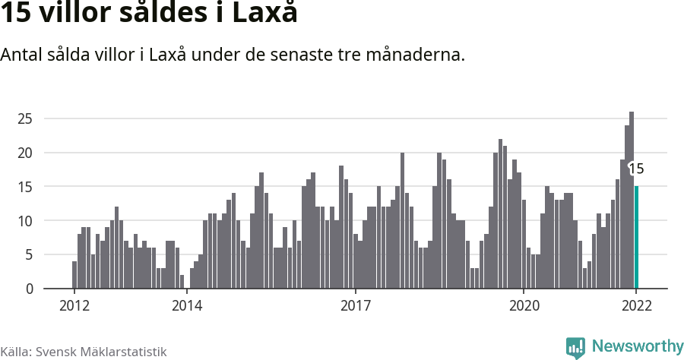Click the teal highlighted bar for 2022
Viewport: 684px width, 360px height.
636,237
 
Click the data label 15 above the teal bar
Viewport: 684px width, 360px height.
636,169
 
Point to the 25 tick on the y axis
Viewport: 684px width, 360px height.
25,118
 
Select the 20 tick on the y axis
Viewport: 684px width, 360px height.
25,153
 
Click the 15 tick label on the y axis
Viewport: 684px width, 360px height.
25,187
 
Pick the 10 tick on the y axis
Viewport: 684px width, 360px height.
25,221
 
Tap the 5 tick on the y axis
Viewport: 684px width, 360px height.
29,255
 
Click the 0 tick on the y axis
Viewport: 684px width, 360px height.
29,289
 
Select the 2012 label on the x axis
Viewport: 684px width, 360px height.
74,305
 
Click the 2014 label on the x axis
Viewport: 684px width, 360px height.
186,305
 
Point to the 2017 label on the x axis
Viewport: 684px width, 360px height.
355,305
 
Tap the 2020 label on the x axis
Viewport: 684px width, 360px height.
524,305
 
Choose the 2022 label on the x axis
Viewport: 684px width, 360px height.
636,305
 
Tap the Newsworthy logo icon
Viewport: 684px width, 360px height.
575,348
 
